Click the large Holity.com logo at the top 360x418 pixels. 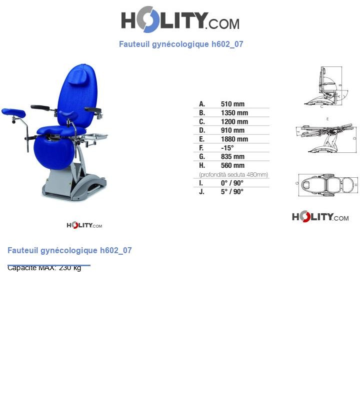[x=180, y=20]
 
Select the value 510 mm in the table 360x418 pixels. [x=232, y=104]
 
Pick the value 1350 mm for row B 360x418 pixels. [x=234, y=113]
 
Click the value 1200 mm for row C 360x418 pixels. [x=234, y=121]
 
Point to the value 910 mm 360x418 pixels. [x=232, y=130]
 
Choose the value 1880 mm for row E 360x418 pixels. [x=234, y=139]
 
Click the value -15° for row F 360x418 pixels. [x=227, y=148]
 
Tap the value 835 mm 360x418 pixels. [x=232, y=156]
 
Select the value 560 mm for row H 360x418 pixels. [x=232, y=165]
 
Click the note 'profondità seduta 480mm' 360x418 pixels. [x=233, y=174]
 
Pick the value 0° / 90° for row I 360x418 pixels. [x=232, y=183]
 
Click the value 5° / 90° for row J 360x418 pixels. [x=232, y=191]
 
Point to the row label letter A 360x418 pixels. [x=202, y=104]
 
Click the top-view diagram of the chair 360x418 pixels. [x=327, y=185]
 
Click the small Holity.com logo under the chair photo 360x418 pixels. [x=84, y=225]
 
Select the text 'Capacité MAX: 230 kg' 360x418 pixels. [x=44, y=268]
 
